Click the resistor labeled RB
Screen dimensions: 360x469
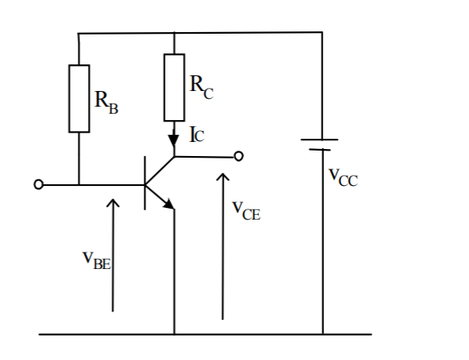coord(79,98)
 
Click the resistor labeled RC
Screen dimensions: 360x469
coord(174,87)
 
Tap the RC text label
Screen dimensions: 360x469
coord(201,86)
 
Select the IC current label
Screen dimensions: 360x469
coord(196,134)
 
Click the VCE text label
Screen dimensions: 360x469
coord(246,209)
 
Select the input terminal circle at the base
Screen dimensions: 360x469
coord(38,185)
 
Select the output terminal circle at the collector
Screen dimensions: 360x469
coord(239,156)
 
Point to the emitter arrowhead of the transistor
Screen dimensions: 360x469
coord(168,204)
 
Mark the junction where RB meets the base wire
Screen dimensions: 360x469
coord(79,185)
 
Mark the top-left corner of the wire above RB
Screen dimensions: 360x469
coord(79,33)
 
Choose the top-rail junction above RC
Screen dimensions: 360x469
coord(174,33)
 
